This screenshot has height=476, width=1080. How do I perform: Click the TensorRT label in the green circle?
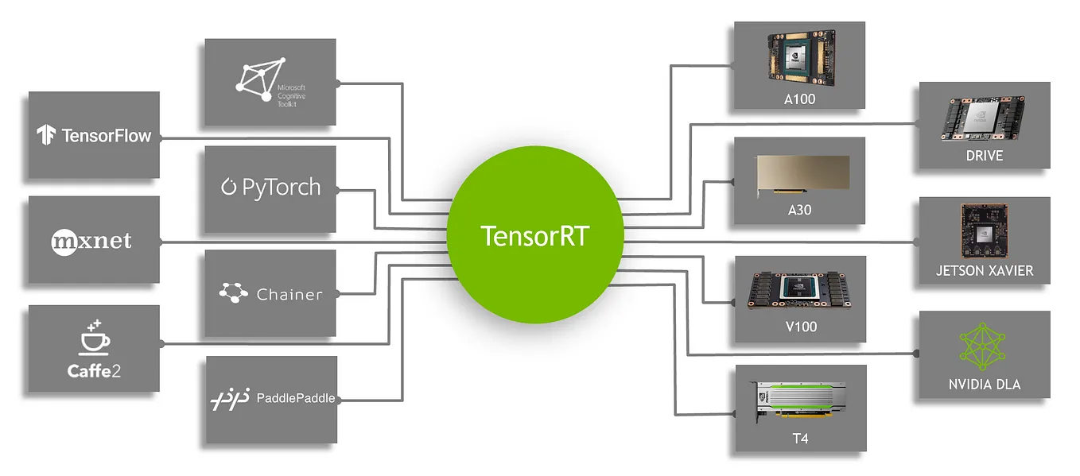[534, 235]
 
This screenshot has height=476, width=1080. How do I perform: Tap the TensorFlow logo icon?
[45, 135]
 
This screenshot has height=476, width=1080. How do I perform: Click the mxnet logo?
[91, 240]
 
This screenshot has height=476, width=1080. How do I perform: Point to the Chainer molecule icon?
[233, 293]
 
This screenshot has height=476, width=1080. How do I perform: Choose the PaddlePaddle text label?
[295, 397]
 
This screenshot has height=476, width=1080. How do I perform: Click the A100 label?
[799, 100]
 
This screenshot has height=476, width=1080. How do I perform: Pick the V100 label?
[799, 327]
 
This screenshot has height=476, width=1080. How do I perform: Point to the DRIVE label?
[984, 156]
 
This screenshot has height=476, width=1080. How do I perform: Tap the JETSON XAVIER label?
[985, 271]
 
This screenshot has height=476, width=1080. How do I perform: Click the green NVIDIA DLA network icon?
[984, 346]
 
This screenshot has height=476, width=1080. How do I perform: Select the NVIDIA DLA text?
[985, 385]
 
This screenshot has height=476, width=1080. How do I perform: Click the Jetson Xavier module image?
[984, 231]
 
